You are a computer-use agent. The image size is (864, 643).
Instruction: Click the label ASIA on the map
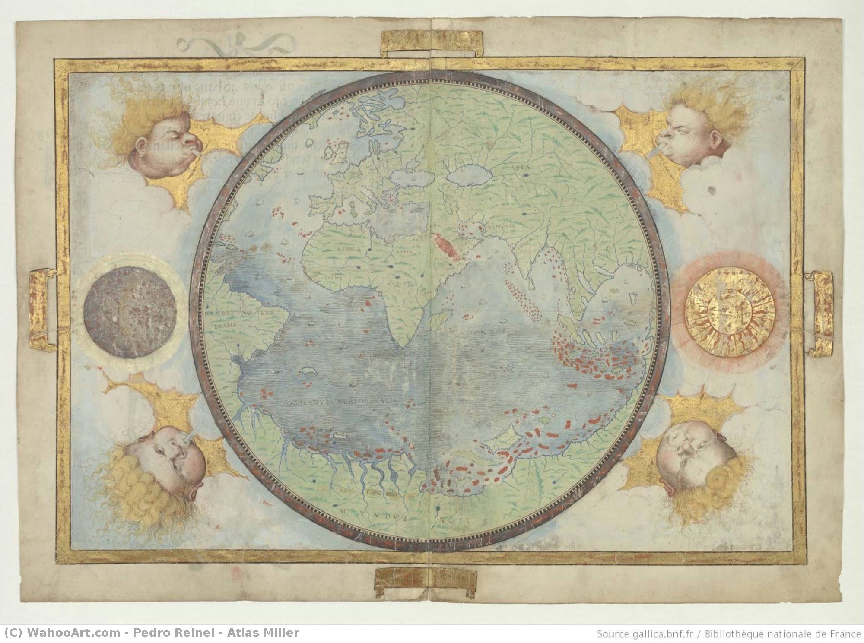[x=521, y=165]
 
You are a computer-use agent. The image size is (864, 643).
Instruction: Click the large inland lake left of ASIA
[x=470, y=176]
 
